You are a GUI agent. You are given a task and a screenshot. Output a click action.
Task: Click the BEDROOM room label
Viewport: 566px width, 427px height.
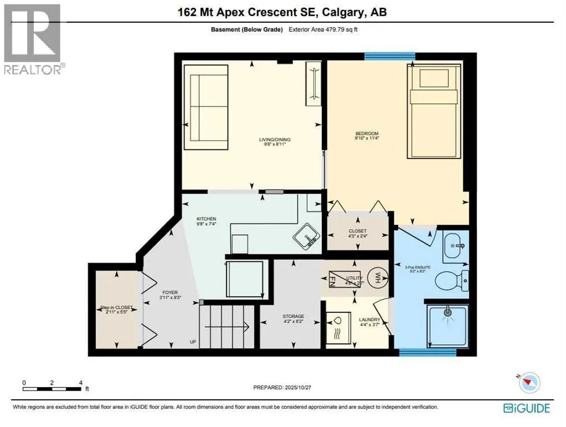coord(367,133)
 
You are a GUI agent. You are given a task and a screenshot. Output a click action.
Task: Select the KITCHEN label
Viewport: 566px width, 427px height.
coord(206,219)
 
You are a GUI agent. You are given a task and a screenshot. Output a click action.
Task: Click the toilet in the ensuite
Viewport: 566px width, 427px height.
coord(451,280)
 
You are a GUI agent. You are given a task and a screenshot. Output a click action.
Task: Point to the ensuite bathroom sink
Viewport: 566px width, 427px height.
coord(456,246)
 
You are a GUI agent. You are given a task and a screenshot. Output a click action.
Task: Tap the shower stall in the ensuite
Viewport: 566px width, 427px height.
coord(448,325)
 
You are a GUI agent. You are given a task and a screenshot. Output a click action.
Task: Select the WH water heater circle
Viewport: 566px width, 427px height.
coord(376,276)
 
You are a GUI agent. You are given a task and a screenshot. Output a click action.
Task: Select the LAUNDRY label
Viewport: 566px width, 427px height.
coord(369,320)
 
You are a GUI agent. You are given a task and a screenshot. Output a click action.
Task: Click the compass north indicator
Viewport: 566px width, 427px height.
coord(530,381)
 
